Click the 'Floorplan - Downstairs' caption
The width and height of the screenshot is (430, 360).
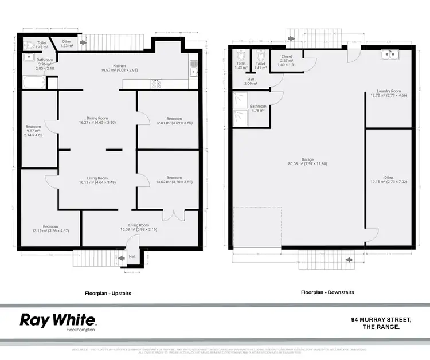tap(327, 292)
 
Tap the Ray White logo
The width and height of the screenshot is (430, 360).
tap(58, 320)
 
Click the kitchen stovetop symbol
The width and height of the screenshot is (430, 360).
tap(155, 84)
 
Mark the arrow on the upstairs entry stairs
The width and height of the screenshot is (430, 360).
tap(121, 259)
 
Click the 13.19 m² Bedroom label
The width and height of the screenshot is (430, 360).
tap(50, 229)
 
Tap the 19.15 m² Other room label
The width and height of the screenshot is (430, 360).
tap(389, 181)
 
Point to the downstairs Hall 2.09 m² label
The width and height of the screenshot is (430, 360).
tap(251, 81)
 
